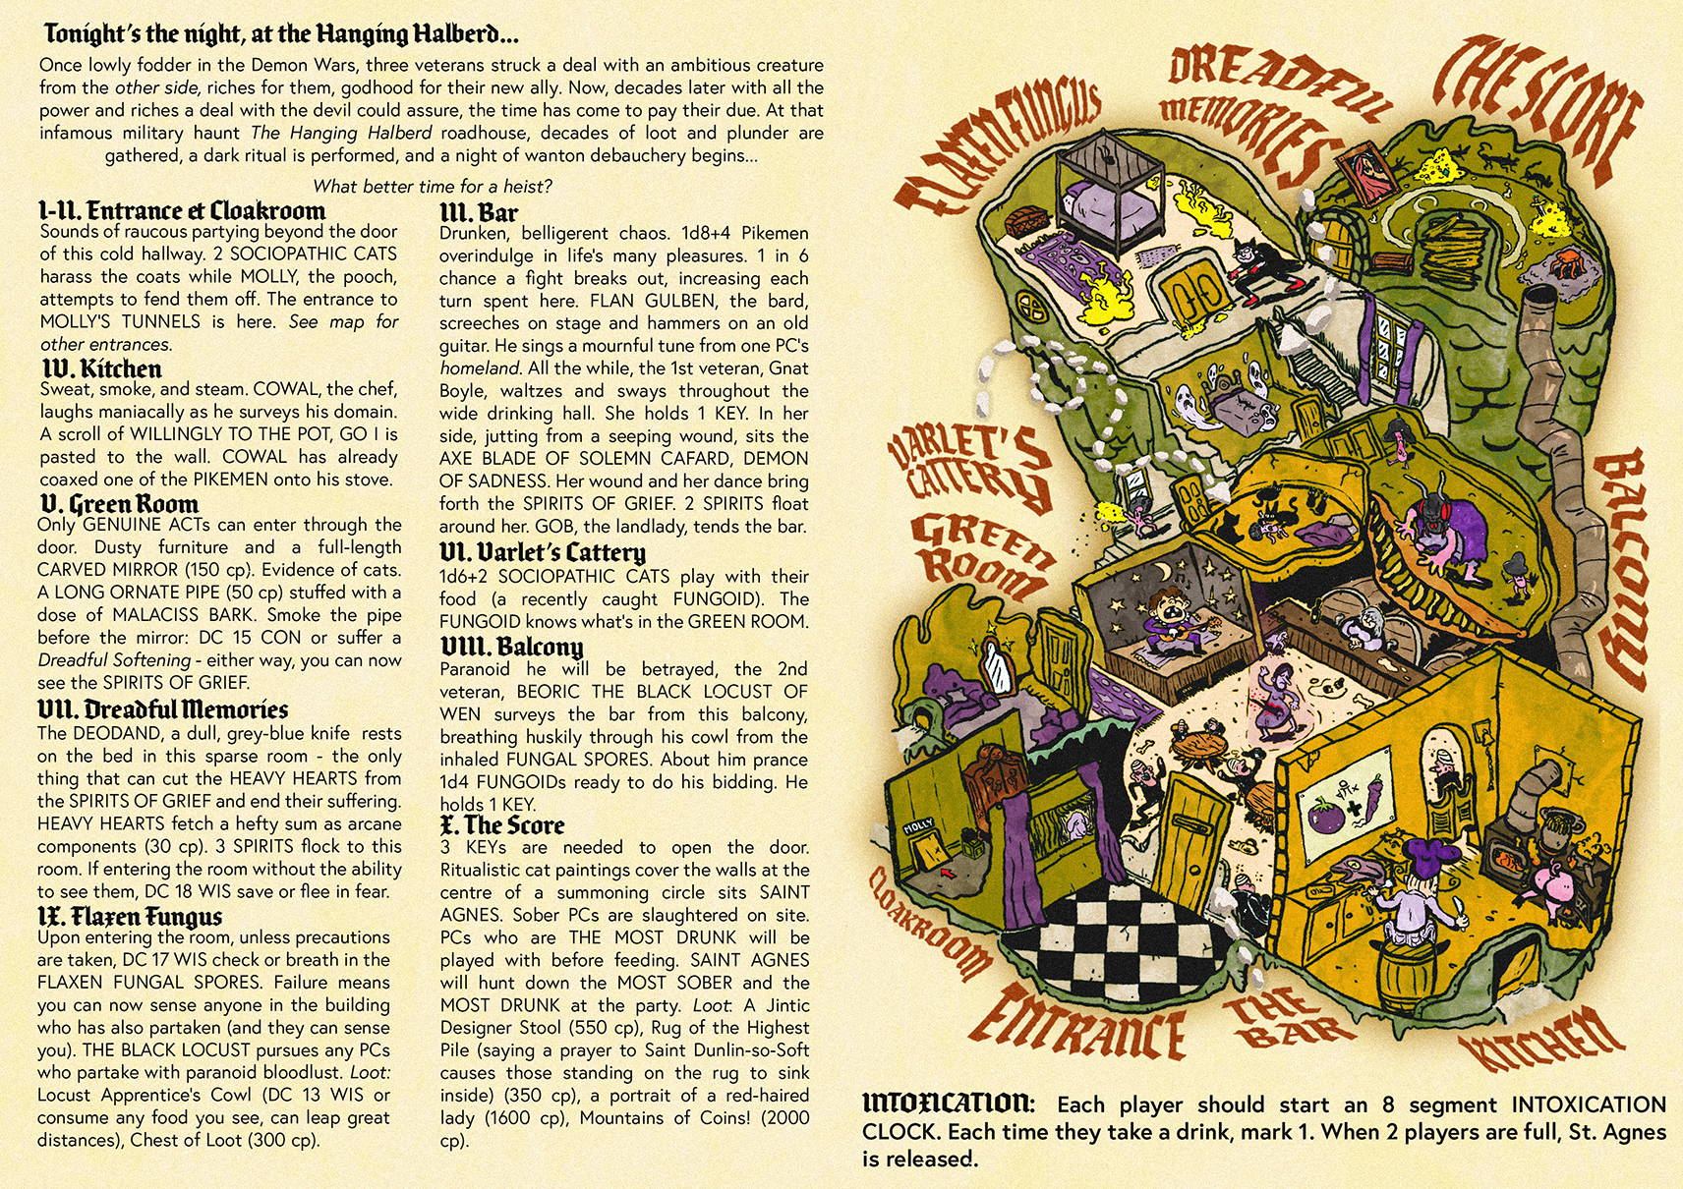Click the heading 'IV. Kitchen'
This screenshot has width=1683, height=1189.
pyautogui.click(x=101, y=368)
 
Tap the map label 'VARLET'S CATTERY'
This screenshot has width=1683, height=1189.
pyautogui.click(x=970, y=467)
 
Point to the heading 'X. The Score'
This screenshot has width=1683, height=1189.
pyautogui.click(x=502, y=824)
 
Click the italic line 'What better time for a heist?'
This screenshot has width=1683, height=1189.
pyautogui.click(x=432, y=186)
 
